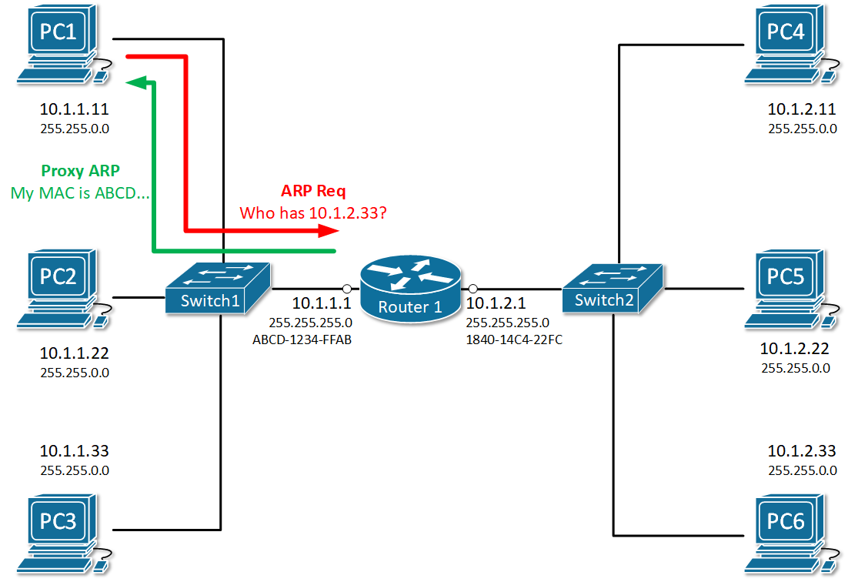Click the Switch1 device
pyautogui.click(x=218, y=289)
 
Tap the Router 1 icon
pyautogui.click(x=410, y=289)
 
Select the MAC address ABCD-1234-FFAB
pyautogui.click(x=302, y=339)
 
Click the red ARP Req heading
pyautogui.click(x=313, y=192)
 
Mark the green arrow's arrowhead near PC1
pyautogui.click(x=136, y=81)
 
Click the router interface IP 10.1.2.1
pyautogui.click(x=496, y=303)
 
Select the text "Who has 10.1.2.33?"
pyautogui.click(x=313, y=212)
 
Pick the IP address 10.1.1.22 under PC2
pyautogui.click(x=74, y=355)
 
